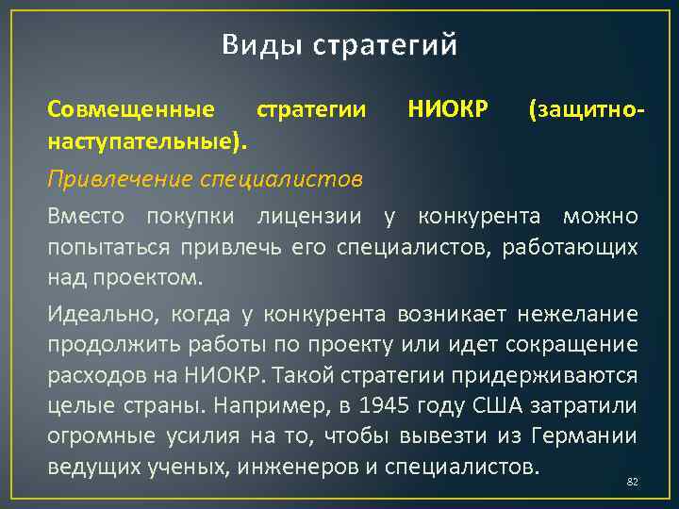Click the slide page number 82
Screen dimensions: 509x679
(633, 482)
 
